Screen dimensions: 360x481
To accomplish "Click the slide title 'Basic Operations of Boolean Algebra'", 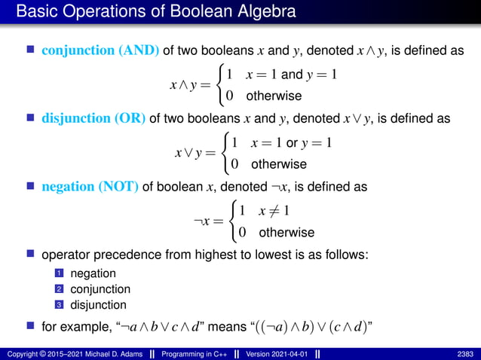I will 155,13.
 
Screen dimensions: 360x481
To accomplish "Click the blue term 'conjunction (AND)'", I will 100,50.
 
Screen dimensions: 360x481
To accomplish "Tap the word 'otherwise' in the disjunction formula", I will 279,163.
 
